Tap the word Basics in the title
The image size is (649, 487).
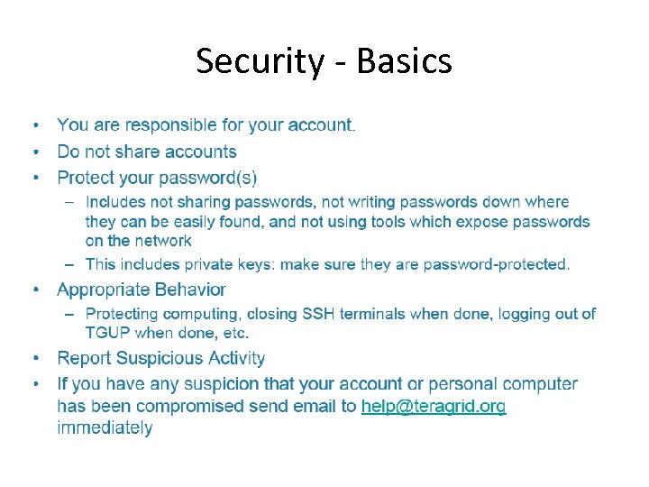405,61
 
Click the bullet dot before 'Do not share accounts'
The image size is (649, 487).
36,152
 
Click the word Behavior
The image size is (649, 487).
189,289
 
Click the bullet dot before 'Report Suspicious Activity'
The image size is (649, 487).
36,358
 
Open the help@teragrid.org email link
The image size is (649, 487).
434,407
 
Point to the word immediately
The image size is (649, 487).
105,428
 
